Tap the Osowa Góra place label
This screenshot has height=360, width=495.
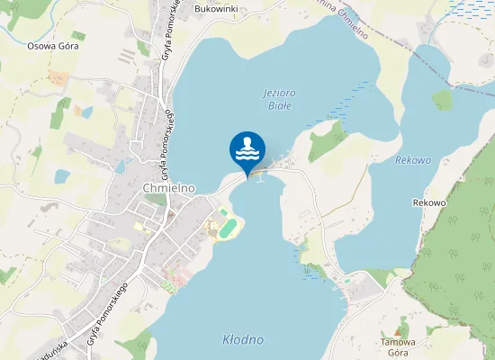tap(54, 45)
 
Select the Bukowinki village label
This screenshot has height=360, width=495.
tap(216, 9)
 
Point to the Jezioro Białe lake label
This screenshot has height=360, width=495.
tap(280, 99)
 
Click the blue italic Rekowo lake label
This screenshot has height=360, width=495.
tap(413, 160)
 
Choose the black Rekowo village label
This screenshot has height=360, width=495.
tap(429, 202)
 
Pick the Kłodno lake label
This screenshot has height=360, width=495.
tap(242, 339)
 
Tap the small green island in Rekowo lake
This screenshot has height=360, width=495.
tap(442, 99)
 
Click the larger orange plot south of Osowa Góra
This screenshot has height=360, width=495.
tap(57, 79)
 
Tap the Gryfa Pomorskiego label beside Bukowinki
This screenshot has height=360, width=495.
tap(167, 31)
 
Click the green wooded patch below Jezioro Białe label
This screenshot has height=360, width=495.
tap(328, 140)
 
